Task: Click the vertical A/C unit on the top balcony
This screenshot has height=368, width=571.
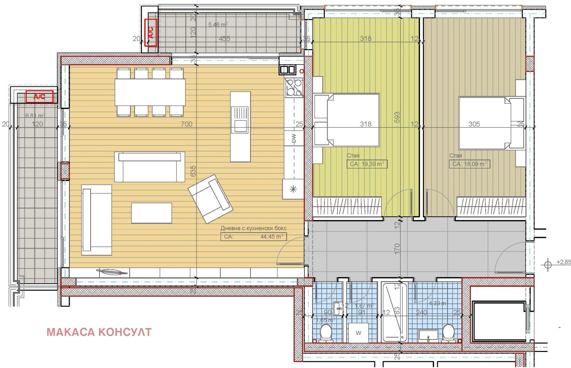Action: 151,33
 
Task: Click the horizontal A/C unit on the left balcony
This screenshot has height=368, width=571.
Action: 39,97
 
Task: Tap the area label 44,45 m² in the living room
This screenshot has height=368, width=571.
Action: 272,236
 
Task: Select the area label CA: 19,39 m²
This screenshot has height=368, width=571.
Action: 367,164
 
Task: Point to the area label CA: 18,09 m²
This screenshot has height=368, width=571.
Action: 469,164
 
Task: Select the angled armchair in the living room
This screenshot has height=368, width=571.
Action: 210,198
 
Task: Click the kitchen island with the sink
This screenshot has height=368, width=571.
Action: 240,126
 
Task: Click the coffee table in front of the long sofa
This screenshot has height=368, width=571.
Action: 151,213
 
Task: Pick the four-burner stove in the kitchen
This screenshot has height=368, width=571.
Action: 293,88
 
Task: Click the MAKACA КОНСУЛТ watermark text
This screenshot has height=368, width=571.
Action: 99,332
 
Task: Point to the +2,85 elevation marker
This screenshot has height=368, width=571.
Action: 563,262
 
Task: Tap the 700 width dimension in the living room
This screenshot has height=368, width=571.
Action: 186,124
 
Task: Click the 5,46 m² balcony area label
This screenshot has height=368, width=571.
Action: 218,25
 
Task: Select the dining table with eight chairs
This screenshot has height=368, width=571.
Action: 150,92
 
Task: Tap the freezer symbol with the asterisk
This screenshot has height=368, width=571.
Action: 293,189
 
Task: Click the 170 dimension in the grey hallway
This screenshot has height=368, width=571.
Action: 397,249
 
